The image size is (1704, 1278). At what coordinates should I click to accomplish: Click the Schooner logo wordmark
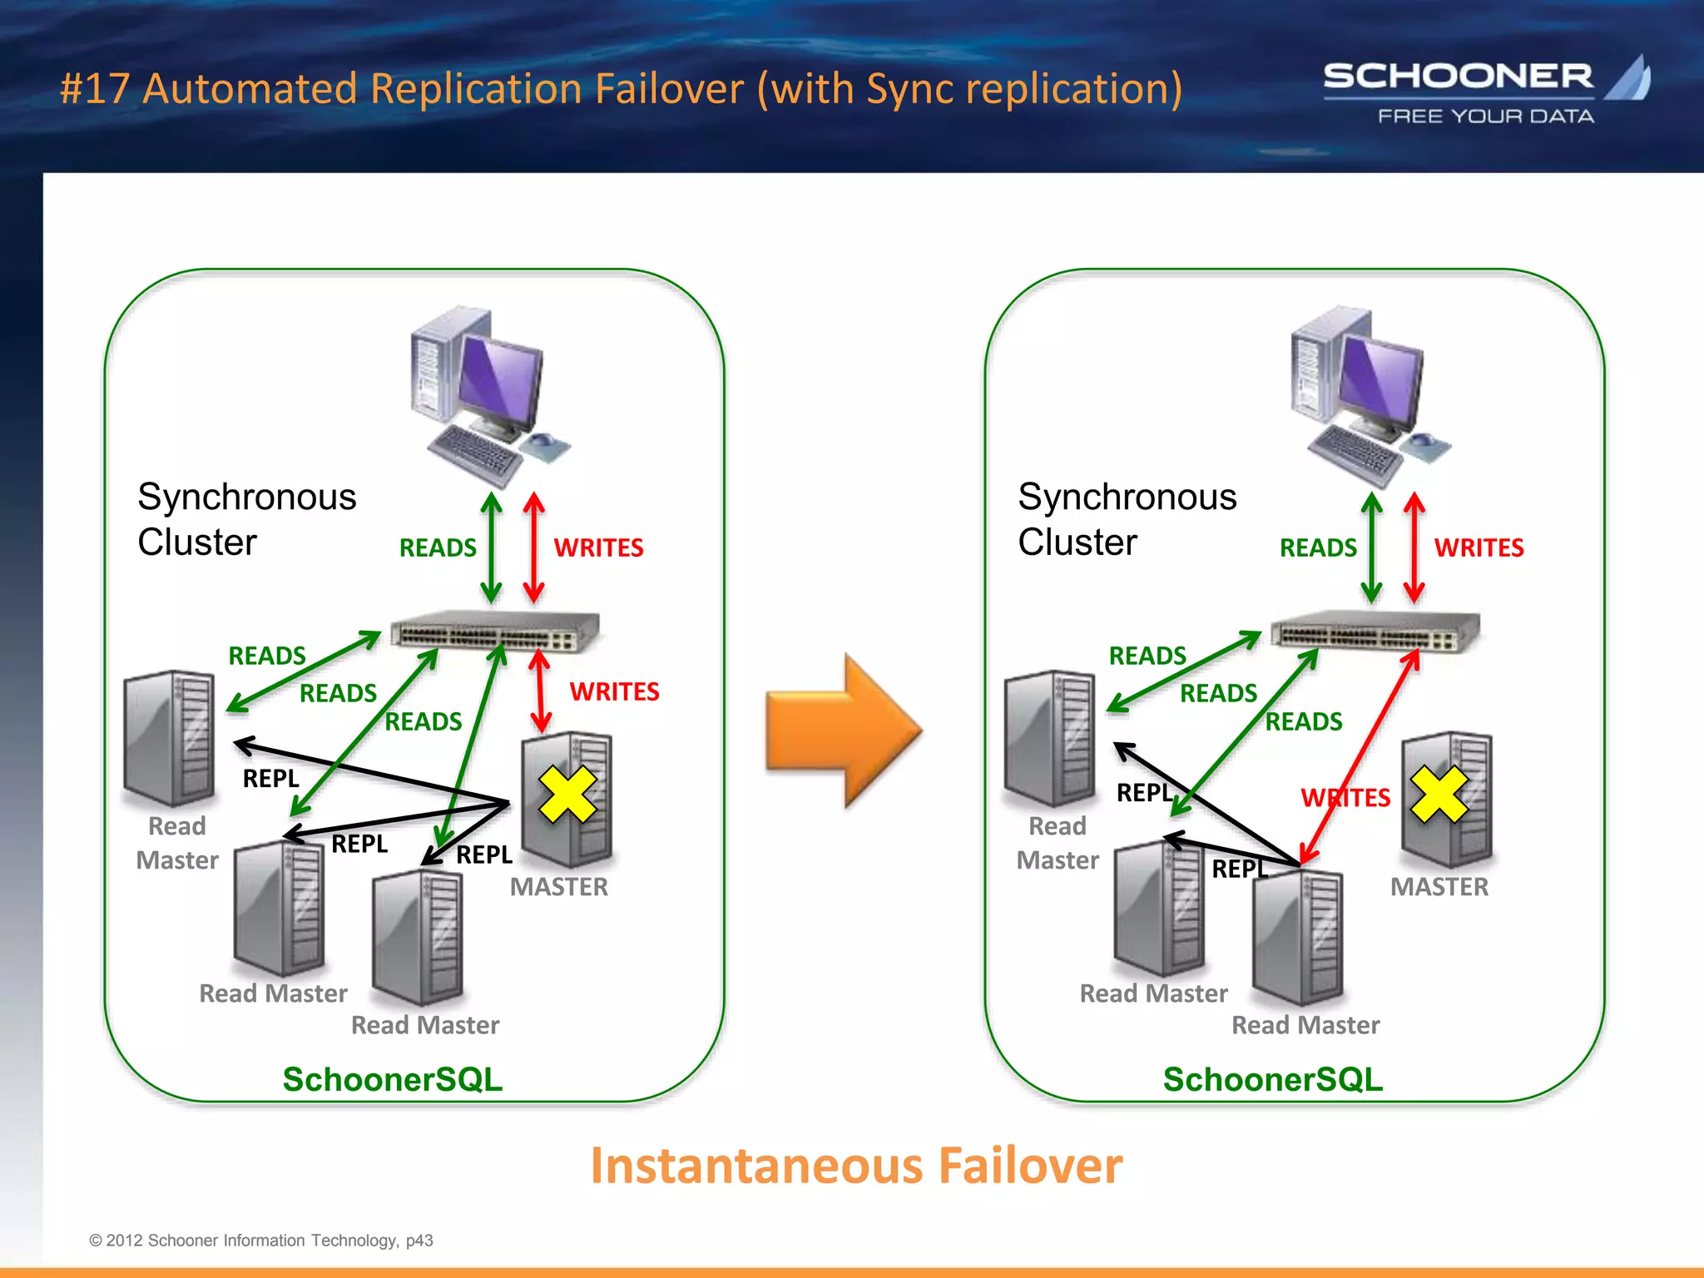coord(1458,77)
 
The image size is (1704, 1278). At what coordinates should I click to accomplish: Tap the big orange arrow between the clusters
coord(842,731)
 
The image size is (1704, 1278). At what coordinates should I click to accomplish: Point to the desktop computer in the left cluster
coord(487,395)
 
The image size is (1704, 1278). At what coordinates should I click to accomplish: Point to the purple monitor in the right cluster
coord(1381,379)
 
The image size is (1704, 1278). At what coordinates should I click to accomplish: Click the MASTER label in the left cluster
coord(559,887)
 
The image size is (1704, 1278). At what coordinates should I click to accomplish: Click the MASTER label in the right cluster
coord(1439,887)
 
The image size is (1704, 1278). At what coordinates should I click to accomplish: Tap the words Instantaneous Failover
coord(856,1166)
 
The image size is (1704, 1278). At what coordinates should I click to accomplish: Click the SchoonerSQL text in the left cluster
coord(393,1079)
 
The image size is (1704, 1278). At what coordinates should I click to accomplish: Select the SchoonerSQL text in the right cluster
coord(1273,1079)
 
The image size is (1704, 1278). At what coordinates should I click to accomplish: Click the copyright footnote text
coord(261,1241)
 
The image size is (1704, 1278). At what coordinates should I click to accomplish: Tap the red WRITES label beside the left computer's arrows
coord(598,547)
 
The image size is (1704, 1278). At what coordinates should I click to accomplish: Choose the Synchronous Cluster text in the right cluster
coord(1127,519)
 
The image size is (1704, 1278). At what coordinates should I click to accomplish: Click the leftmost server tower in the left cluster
coord(170,738)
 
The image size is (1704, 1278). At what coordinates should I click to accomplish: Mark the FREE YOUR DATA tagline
coord(1486,116)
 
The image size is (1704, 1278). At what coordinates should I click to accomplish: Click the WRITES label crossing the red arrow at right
coord(1345,798)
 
